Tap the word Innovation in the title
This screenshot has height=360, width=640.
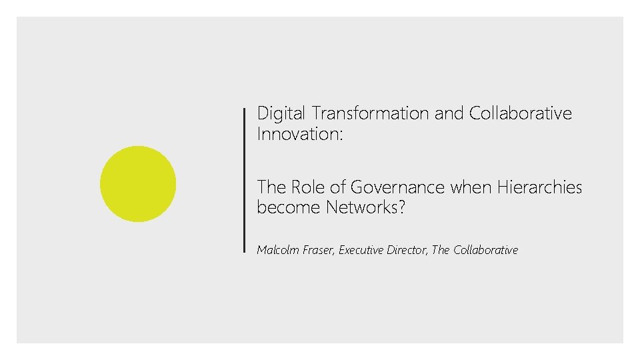pos(297,134)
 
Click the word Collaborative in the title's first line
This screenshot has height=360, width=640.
pos(520,114)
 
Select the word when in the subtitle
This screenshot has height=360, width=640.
pos(469,187)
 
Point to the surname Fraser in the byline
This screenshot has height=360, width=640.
pos(319,250)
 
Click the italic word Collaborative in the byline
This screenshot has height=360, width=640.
pos(485,250)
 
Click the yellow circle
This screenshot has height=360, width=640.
pos(138,184)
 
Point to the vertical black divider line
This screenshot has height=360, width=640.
pos(245,180)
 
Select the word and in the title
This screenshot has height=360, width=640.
pos(449,114)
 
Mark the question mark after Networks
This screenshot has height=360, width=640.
pos(402,207)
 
